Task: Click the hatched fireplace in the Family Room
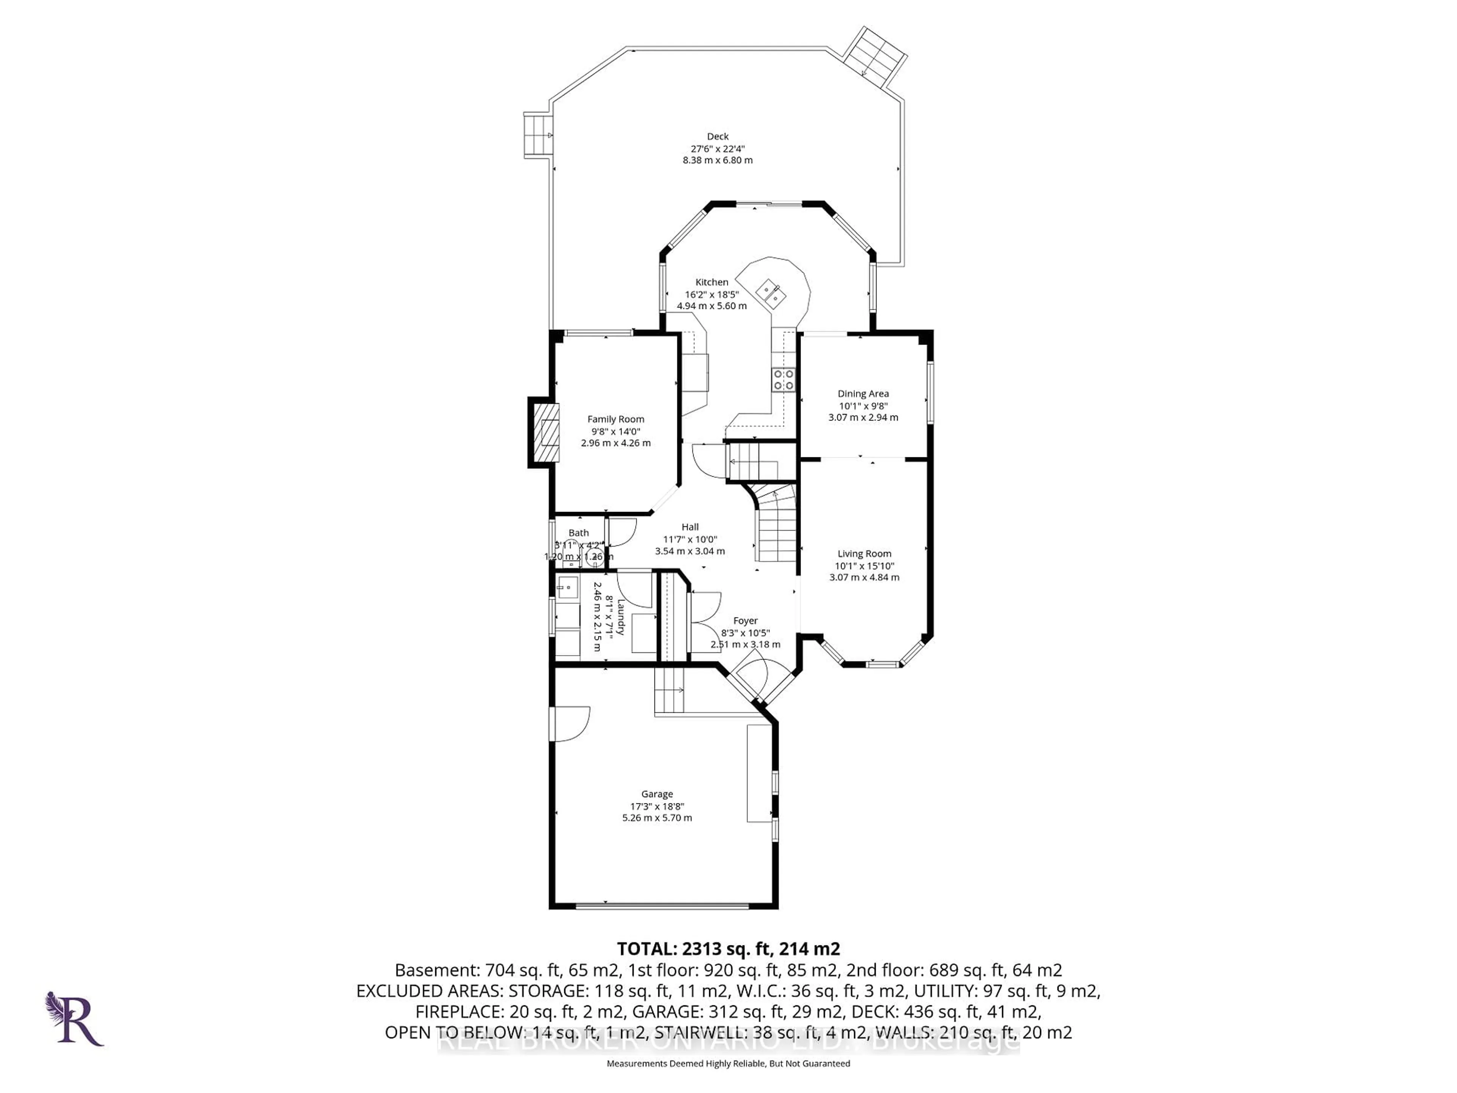coord(545,433)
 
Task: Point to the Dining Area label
coord(863,393)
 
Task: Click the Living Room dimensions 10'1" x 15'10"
coord(864,565)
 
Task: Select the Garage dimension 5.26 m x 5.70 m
coord(657,817)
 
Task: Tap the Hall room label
coord(690,526)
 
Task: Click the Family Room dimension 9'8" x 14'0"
coord(615,431)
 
